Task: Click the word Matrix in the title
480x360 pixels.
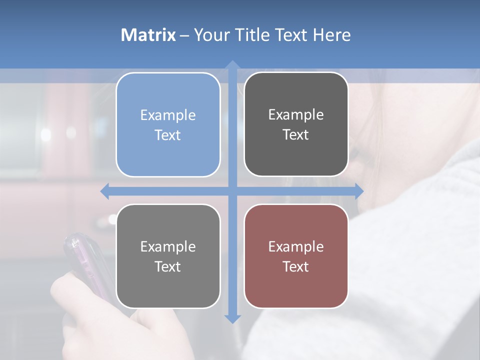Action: coord(148,35)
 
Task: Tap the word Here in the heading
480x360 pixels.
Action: coord(331,35)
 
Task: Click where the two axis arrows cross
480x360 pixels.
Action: coord(232,191)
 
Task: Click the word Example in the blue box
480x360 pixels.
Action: coord(168,115)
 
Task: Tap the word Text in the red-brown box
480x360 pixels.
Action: coord(296,266)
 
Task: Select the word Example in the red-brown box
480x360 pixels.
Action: coord(296,246)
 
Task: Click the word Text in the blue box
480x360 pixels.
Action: coord(168,135)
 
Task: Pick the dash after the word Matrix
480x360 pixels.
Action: coord(184,35)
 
